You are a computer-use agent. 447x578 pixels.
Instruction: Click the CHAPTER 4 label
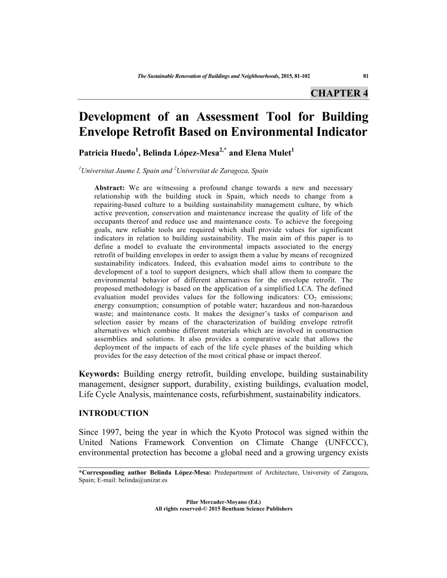[339, 93]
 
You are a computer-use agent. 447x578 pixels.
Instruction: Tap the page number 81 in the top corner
[365, 76]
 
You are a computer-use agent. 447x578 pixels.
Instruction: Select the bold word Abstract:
[110, 188]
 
